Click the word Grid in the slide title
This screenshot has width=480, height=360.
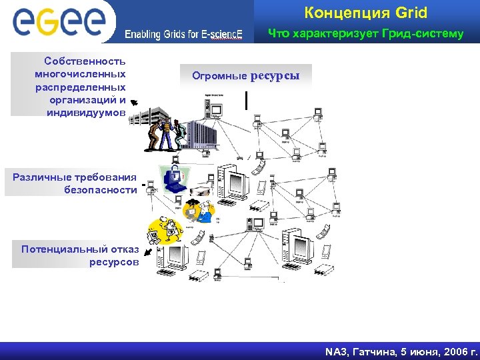click(x=411, y=13)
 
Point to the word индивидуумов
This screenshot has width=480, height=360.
click(x=86, y=112)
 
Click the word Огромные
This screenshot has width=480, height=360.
click(x=219, y=76)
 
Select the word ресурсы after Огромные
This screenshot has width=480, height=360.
click(x=275, y=76)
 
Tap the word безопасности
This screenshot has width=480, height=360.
click(x=101, y=189)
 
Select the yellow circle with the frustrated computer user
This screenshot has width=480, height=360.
click(x=164, y=230)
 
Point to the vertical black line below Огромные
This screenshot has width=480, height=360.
click(x=247, y=99)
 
